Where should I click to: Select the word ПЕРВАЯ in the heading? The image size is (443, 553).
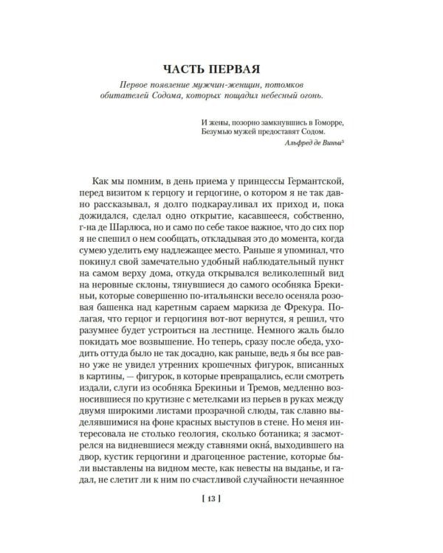tap(243, 70)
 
